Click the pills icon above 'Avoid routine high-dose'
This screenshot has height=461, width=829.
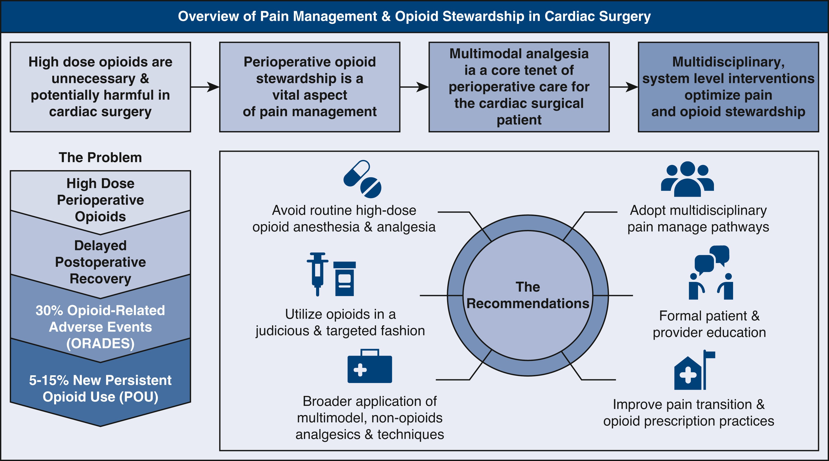[x=362, y=179]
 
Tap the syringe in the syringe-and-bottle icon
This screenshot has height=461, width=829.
[x=318, y=274]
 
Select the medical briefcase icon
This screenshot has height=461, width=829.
[x=370, y=366]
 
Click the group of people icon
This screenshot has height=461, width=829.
[x=687, y=179]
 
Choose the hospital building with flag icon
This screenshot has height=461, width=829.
[x=695, y=370]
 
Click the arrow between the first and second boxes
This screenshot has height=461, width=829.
[x=205, y=87]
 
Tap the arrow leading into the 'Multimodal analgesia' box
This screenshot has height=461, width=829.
[x=414, y=87]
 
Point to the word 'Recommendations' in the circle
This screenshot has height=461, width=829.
[x=528, y=303]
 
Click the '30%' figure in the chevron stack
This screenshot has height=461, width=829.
[x=49, y=310]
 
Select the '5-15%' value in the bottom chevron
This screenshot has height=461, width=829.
[x=49, y=380]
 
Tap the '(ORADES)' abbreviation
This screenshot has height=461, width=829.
[x=100, y=344]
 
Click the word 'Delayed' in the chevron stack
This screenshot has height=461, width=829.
[x=100, y=245]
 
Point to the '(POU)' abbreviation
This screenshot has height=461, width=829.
[x=139, y=397]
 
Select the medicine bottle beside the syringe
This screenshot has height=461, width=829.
[x=345, y=279]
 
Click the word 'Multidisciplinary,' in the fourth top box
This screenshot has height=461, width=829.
[x=728, y=62]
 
